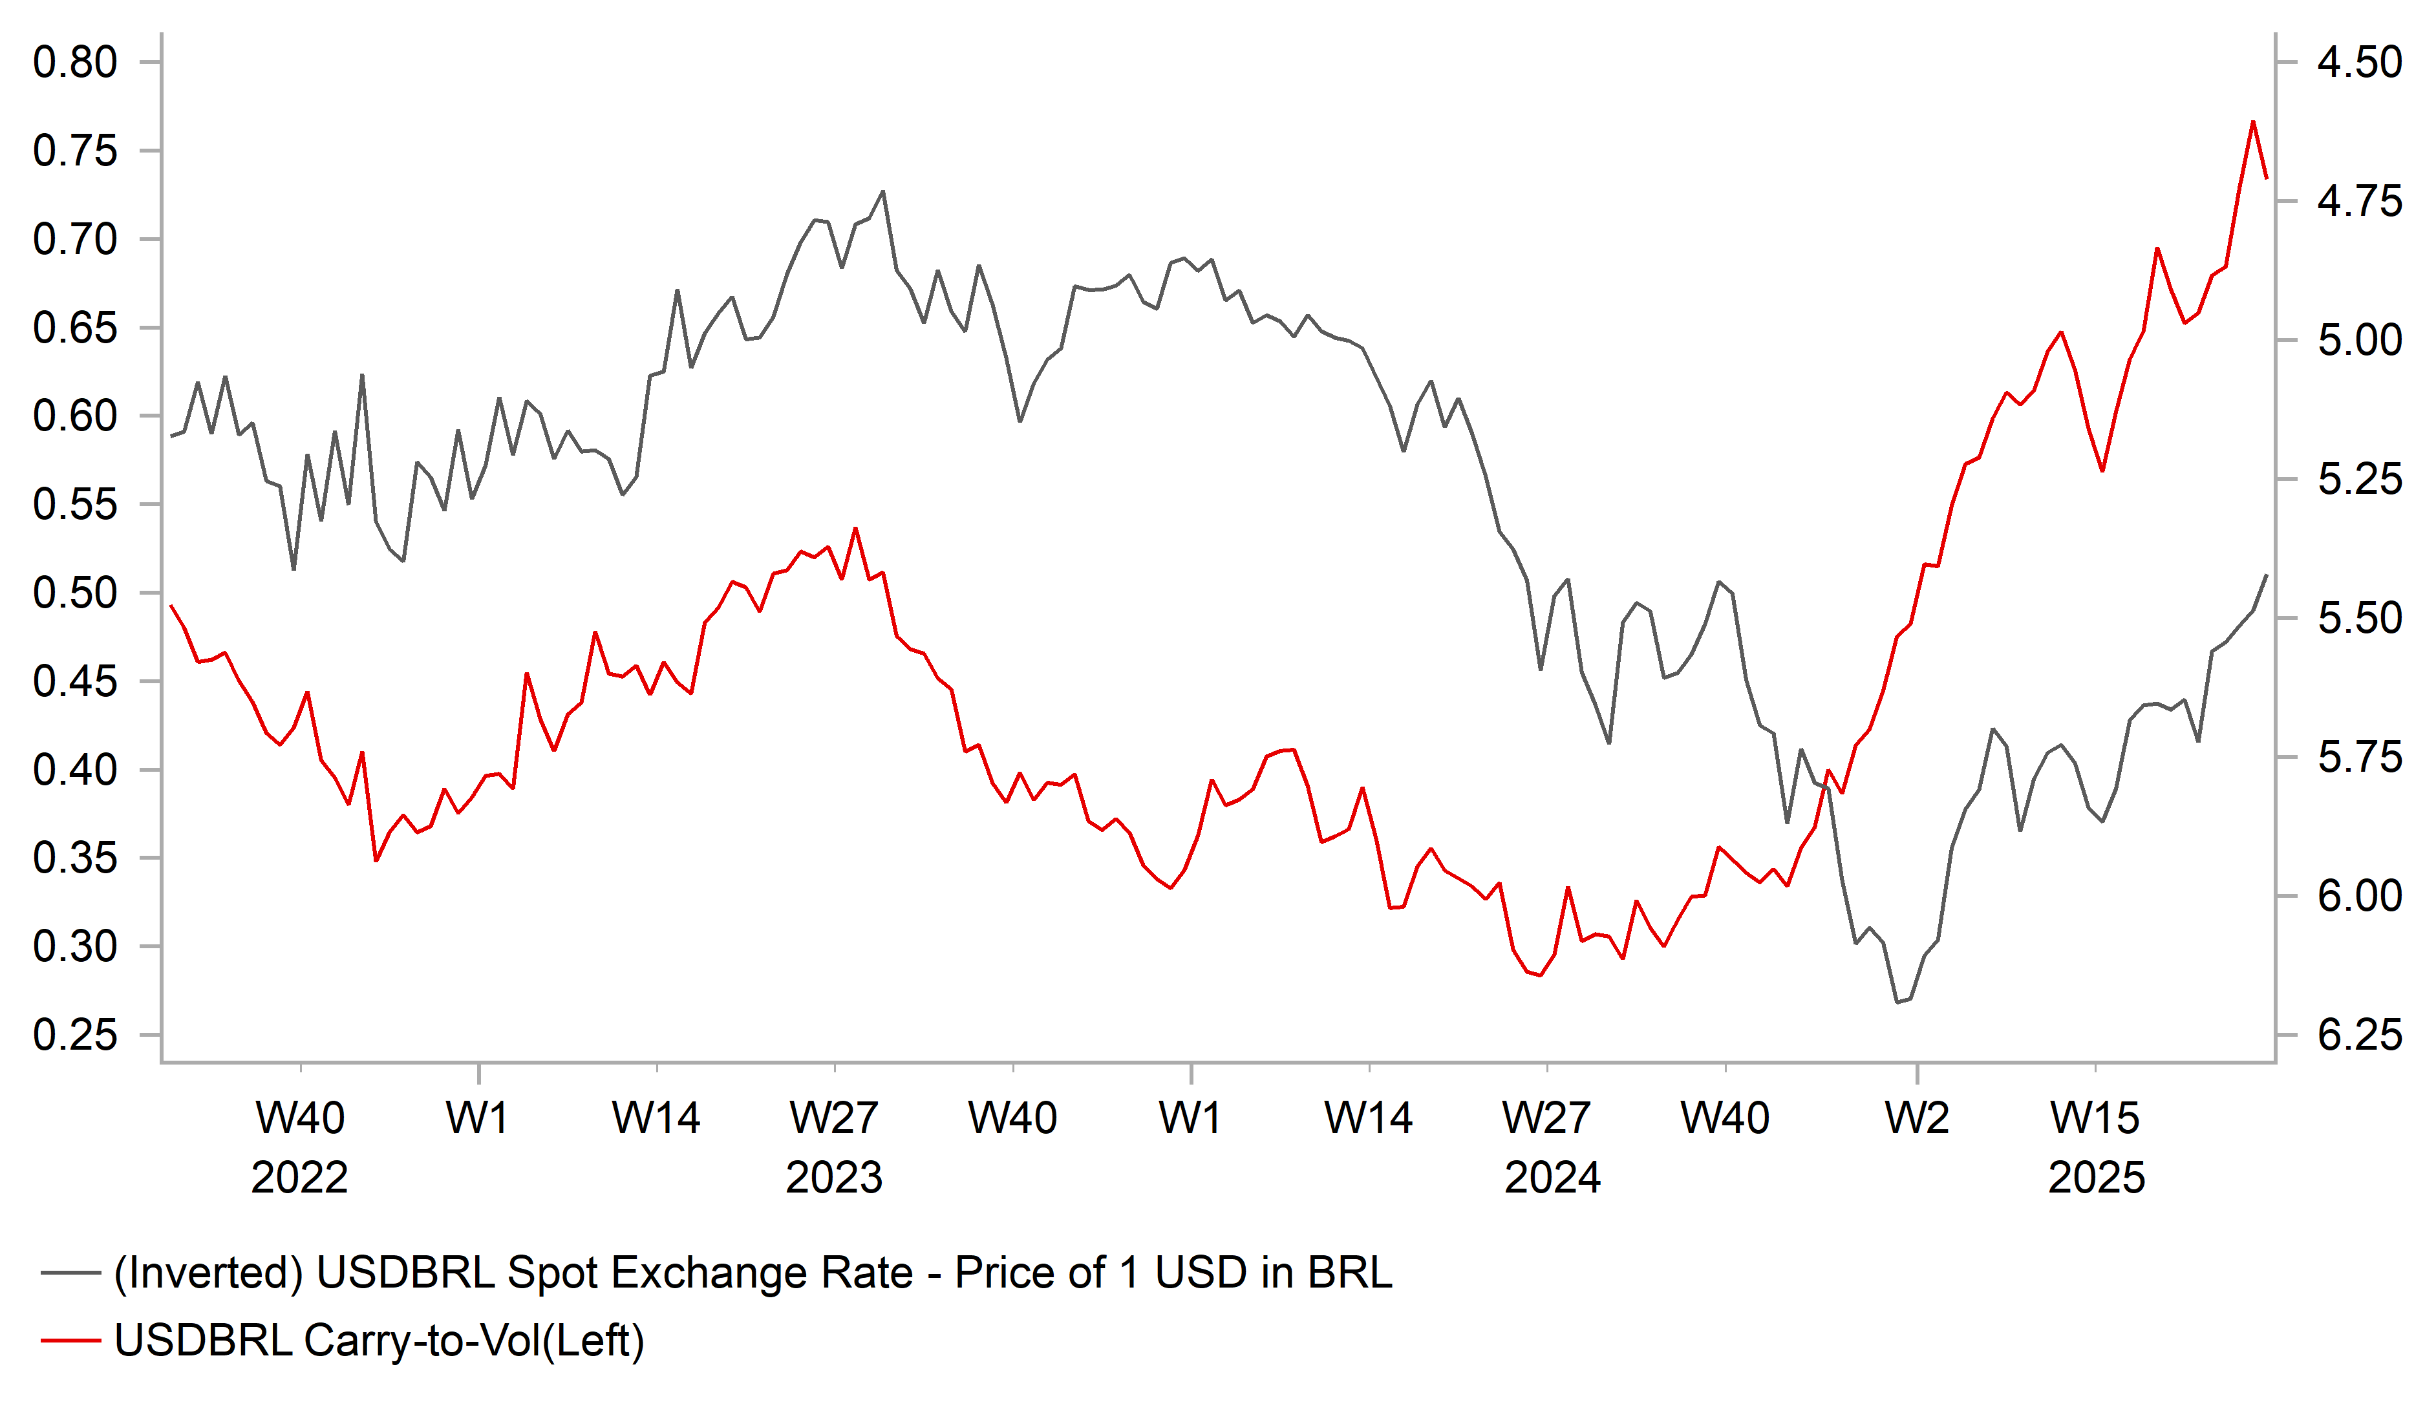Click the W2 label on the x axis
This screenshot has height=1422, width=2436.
click(1917, 1118)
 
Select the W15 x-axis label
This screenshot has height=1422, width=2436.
click(2095, 1118)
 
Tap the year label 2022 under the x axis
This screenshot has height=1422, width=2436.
click(300, 1178)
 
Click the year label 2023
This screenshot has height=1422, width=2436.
click(834, 1178)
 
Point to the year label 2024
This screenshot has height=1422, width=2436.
click(1552, 1178)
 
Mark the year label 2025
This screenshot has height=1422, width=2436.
click(2097, 1178)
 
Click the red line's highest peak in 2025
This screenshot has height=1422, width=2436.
click(2252, 122)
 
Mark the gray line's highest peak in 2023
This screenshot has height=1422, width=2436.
click(882, 191)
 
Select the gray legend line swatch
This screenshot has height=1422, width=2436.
click(70, 1273)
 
